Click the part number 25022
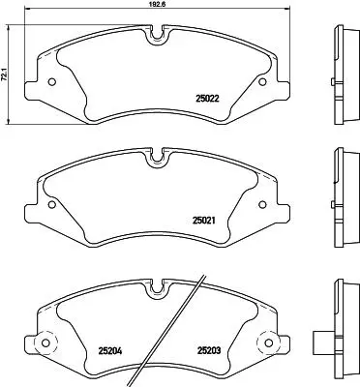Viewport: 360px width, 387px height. coord(207,99)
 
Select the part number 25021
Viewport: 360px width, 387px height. coord(204,221)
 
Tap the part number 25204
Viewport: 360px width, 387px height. coord(109,350)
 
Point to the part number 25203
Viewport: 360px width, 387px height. coord(209,350)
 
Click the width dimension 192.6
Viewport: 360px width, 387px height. coord(158,3)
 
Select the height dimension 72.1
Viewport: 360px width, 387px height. coord(4,75)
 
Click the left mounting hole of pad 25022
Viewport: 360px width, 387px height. coord(51,82)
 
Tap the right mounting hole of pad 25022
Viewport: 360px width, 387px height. coord(263,82)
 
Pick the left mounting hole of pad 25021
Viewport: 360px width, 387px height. coord(51,204)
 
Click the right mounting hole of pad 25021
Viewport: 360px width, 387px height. coord(262,204)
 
